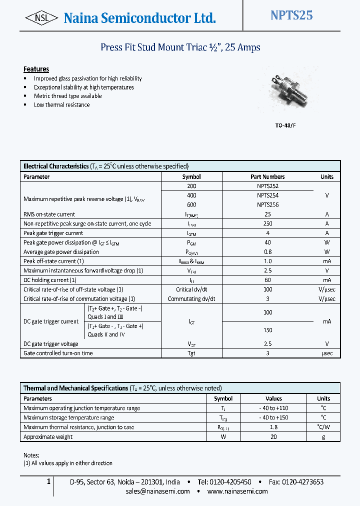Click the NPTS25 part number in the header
pos(291,15)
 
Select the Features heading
pos(36,69)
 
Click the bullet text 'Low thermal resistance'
pos(61,105)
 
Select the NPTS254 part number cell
pos(267,195)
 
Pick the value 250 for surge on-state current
pos(267,224)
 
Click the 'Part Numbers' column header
pos(267,177)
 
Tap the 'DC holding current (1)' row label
pos(49,280)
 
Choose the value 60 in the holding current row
pos(267,280)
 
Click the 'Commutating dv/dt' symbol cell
pos(191,299)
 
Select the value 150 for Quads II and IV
pos(267,330)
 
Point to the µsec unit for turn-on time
pos(326,353)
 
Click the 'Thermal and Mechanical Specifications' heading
pos(76,388)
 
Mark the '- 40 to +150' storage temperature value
pos(273,418)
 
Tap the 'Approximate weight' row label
pos(48,437)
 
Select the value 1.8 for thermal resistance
pos(273,427)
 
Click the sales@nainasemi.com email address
pos(157,491)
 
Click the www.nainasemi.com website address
pos(237,491)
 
